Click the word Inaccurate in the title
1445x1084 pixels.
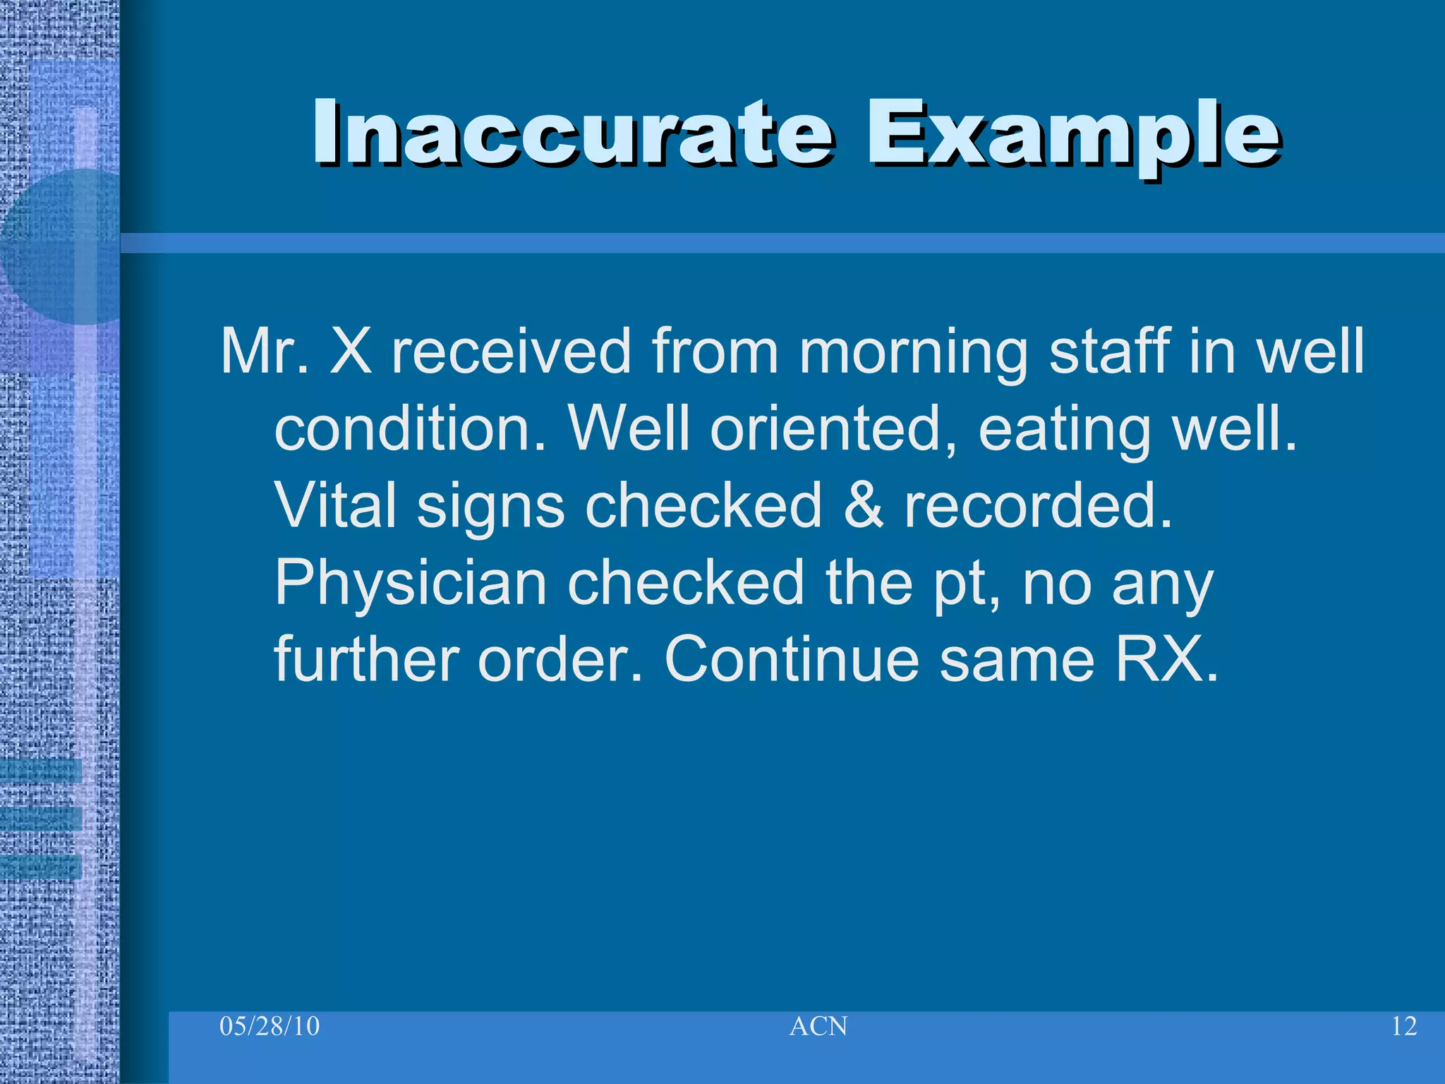point(573,134)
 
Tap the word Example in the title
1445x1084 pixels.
point(1072,134)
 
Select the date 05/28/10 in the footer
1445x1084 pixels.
point(270,1026)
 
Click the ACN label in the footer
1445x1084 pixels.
point(818,1026)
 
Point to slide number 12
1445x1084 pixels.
point(1403,1026)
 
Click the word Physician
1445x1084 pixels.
point(411,584)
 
